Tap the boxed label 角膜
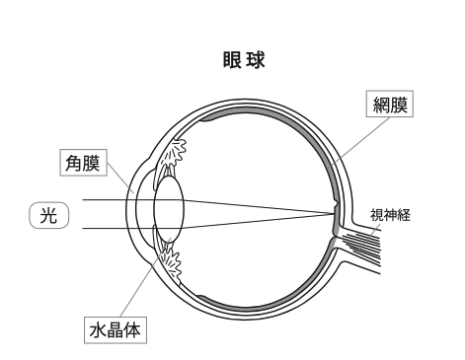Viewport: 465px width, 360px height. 81,164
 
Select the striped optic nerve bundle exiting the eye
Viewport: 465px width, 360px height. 370,238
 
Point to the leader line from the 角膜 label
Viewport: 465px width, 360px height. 119,181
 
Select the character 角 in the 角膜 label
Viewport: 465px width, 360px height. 72,164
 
